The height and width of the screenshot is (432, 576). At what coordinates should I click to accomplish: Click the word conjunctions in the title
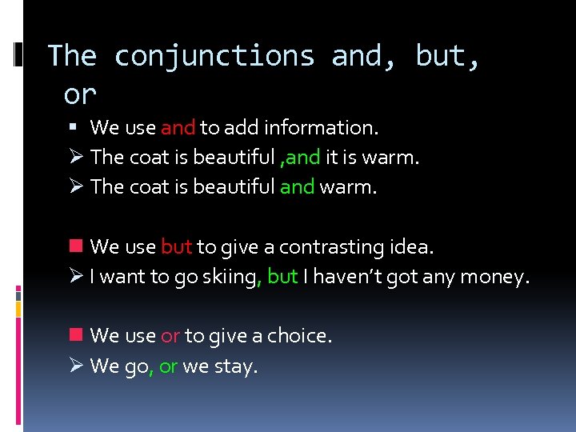click(x=214, y=56)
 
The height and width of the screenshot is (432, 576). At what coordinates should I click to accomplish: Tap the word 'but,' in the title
click(x=446, y=56)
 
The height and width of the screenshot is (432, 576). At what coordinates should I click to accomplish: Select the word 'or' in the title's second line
click(x=79, y=94)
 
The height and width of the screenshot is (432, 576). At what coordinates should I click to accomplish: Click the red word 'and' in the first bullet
click(x=178, y=127)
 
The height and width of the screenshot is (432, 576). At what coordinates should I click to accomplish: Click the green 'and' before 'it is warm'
click(x=303, y=157)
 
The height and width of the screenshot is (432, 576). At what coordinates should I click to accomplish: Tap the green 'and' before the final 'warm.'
click(x=297, y=186)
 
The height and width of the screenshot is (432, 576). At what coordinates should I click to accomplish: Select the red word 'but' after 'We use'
click(x=176, y=246)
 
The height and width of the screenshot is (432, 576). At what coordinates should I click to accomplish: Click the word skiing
click(x=230, y=277)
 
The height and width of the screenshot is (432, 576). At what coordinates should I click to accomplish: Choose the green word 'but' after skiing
click(x=282, y=277)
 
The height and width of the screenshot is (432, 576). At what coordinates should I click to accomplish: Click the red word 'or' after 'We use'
click(x=170, y=336)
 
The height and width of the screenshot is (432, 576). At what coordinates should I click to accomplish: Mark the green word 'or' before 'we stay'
click(x=168, y=366)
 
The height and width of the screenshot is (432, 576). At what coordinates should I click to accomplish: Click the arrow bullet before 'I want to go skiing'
click(x=78, y=277)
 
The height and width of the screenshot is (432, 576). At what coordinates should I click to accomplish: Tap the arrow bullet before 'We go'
click(x=78, y=366)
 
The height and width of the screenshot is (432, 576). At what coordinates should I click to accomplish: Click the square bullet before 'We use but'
click(x=78, y=246)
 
